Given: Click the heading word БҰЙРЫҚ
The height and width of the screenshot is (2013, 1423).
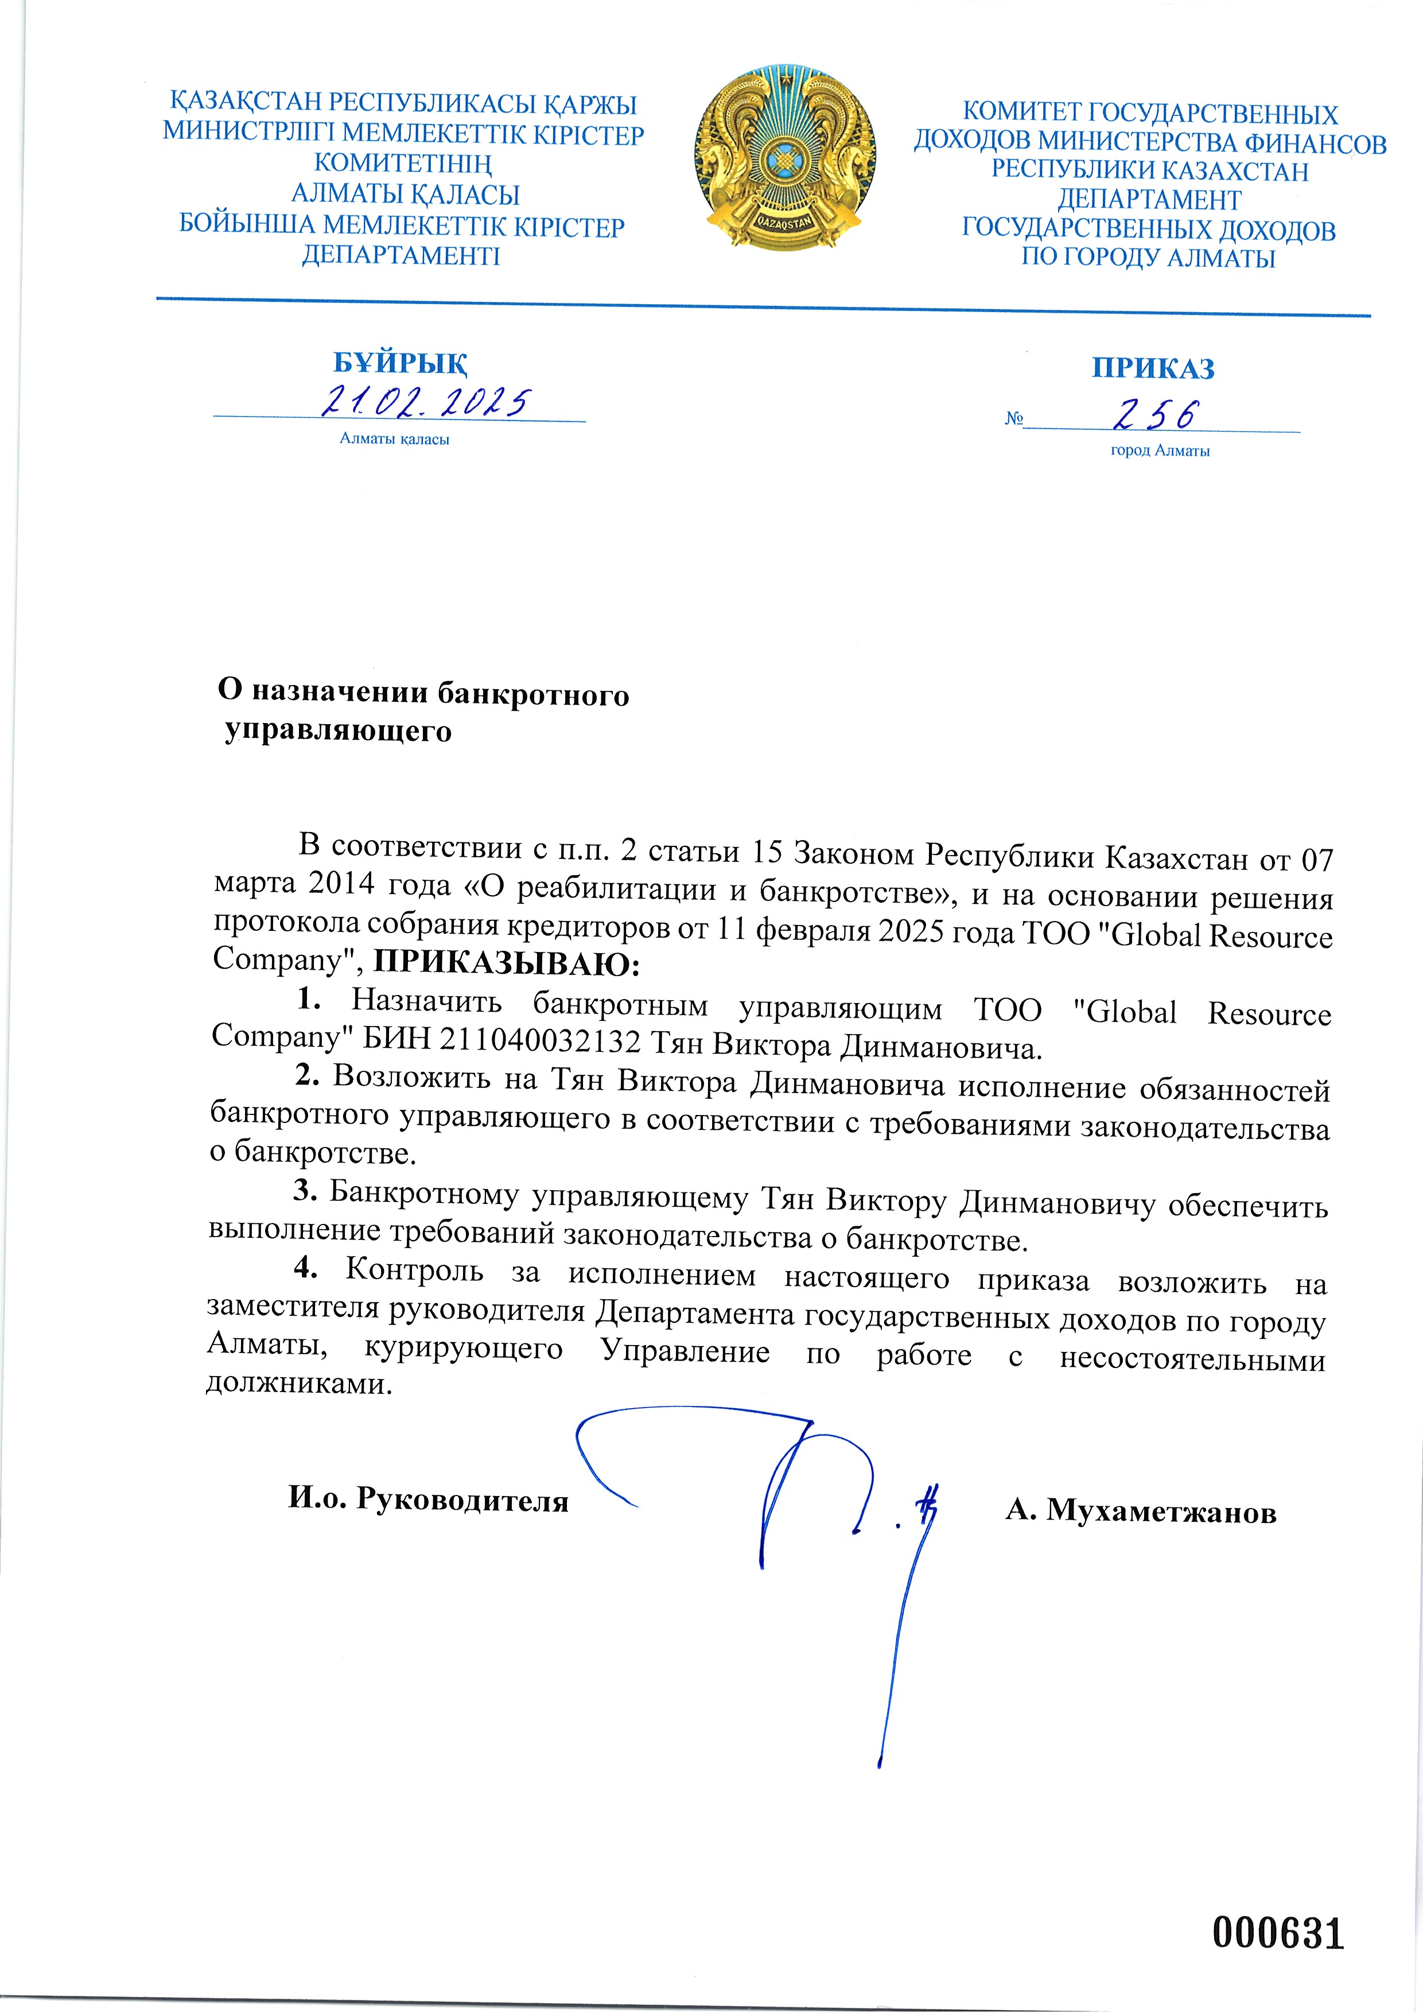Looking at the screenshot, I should (x=400, y=362).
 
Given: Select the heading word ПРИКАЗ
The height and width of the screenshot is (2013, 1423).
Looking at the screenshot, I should (x=1153, y=368).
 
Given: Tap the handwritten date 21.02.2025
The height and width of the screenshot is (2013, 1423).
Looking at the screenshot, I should (x=425, y=402).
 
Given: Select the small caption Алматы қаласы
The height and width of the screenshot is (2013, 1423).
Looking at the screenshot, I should (x=395, y=439).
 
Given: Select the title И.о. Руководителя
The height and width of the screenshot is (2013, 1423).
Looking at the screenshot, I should (x=429, y=1499).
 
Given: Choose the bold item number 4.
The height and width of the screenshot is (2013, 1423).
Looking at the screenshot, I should (x=304, y=1266).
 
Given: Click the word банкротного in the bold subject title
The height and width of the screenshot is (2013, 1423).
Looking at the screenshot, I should (x=533, y=694).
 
